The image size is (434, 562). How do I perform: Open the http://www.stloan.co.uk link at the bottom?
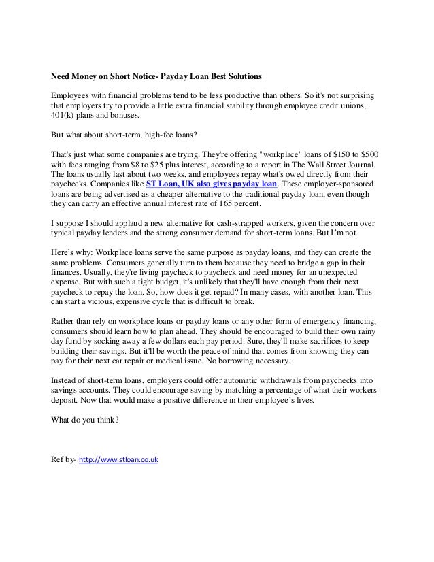[118, 461]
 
